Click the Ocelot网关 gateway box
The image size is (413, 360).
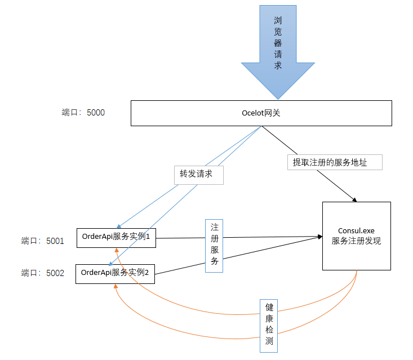(x=261, y=113)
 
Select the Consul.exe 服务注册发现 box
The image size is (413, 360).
(x=357, y=236)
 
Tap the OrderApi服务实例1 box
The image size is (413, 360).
(x=116, y=238)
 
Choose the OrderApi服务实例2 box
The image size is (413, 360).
(x=115, y=274)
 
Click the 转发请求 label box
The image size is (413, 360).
(x=199, y=175)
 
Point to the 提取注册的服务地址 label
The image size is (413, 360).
(x=335, y=162)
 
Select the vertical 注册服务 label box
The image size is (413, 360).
(x=214, y=246)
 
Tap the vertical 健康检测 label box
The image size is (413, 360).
(x=269, y=326)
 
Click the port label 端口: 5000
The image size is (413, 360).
(x=83, y=113)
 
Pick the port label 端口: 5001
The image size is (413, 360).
(x=43, y=241)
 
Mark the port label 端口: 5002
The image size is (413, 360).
(x=43, y=273)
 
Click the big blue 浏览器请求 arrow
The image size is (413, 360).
(x=278, y=52)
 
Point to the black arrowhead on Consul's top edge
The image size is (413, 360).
(x=354, y=200)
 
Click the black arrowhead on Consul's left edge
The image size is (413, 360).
(x=320, y=237)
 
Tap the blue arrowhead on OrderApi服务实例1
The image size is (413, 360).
(x=119, y=226)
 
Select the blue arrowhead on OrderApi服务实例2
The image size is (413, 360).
(x=111, y=264)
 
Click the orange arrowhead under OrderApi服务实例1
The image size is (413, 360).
(x=117, y=250)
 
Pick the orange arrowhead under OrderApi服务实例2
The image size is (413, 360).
(x=116, y=286)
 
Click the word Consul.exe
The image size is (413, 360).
(x=356, y=231)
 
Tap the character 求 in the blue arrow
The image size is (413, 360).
(x=278, y=65)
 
